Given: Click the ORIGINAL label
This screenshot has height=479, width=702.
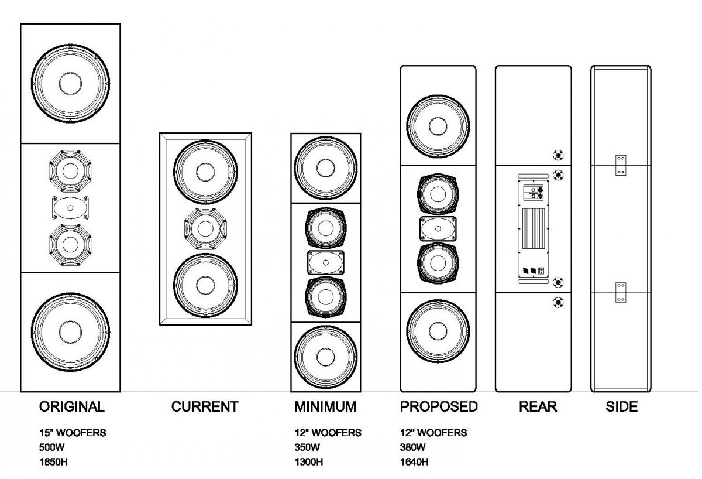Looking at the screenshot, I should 71,406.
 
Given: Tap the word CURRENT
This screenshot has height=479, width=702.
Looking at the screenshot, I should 205,406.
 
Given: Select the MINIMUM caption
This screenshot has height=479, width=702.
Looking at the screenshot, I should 325,406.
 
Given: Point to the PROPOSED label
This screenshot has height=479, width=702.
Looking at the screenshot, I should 439,406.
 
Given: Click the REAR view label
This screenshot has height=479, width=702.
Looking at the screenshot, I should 538,406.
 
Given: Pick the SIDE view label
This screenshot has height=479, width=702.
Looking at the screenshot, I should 621,406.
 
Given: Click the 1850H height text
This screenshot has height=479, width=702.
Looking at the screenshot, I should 57,461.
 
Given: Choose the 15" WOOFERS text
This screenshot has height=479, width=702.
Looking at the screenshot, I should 73,433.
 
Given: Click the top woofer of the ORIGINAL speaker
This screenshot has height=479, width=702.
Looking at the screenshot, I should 71,83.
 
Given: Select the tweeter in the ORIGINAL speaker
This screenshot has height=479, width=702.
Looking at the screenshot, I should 70,208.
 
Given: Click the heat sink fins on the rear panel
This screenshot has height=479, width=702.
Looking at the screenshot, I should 532,230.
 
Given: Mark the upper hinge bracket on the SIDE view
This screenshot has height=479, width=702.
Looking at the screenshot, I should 621,165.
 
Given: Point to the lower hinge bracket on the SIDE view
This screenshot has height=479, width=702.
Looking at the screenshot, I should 621,292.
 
